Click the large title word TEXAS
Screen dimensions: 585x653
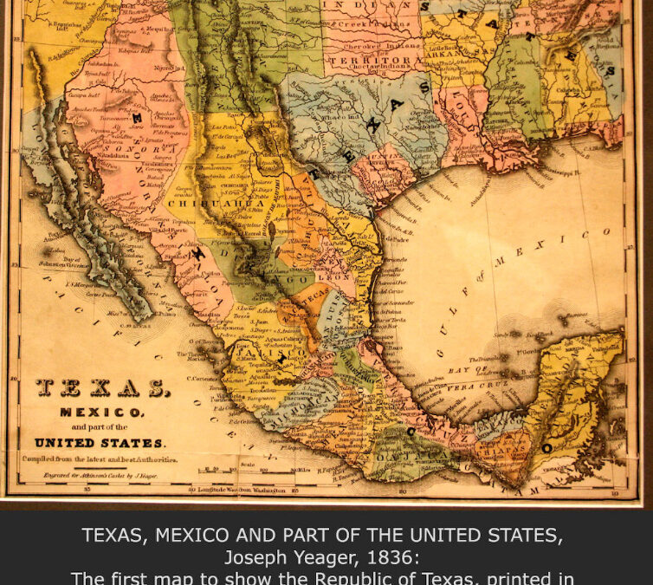(x=103, y=388)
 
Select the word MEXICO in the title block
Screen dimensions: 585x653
(x=101, y=413)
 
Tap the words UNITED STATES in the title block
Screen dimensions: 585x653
(x=100, y=442)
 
